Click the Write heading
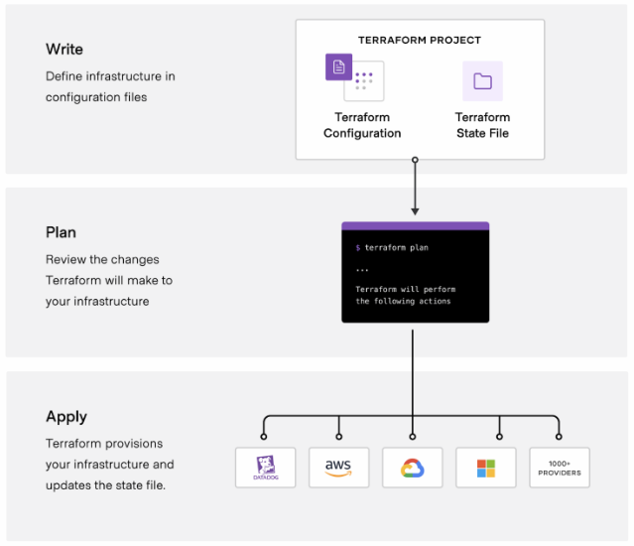coord(64,50)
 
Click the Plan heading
coord(61,232)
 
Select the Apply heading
coord(66,417)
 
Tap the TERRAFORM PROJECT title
coord(420,41)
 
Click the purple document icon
coord(338,68)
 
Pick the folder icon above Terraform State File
coord(482,81)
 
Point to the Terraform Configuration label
coord(362,125)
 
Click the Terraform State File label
coord(482,125)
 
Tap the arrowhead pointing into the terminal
coord(415,210)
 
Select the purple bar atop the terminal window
coord(415,226)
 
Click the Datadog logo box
coord(265,468)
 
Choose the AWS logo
coord(338,468)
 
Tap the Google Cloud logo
coord(413,468)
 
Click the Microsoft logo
coord(486,468)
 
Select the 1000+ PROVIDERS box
coord(560,468)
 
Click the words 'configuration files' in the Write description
coord(95,97)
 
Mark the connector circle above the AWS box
coord(338,436)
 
